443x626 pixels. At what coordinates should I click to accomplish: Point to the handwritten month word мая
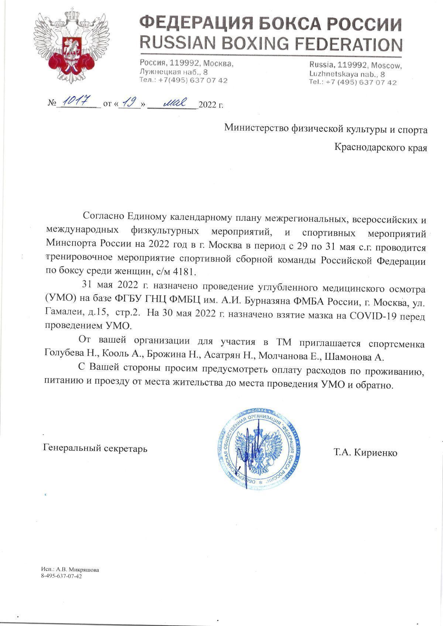pyautogui.click(x=174, y=103)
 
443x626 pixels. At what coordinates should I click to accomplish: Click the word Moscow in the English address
pyautogui.click(x=386, y=66)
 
